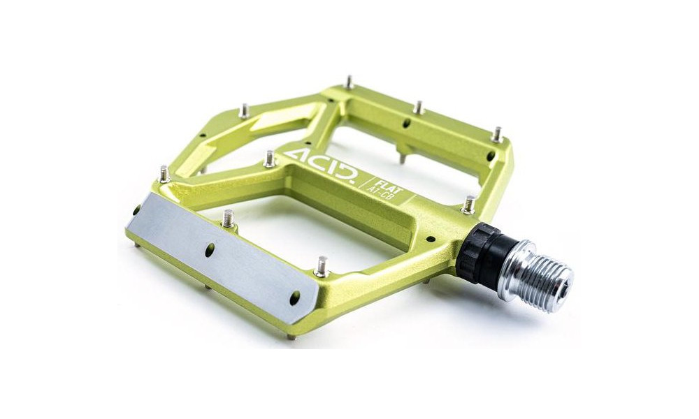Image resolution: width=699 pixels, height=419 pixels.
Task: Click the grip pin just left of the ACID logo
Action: (270, 159)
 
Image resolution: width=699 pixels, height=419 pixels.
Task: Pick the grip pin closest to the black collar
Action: (470, 204)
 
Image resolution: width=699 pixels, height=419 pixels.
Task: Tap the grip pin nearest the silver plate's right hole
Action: (322, 265)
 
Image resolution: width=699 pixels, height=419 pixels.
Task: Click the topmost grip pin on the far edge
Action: (349, 82)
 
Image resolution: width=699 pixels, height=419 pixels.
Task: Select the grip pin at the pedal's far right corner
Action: (497, 133)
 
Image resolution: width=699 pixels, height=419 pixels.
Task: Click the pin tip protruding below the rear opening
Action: (401, 159)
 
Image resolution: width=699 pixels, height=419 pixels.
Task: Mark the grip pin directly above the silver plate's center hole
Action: (227, 219)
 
